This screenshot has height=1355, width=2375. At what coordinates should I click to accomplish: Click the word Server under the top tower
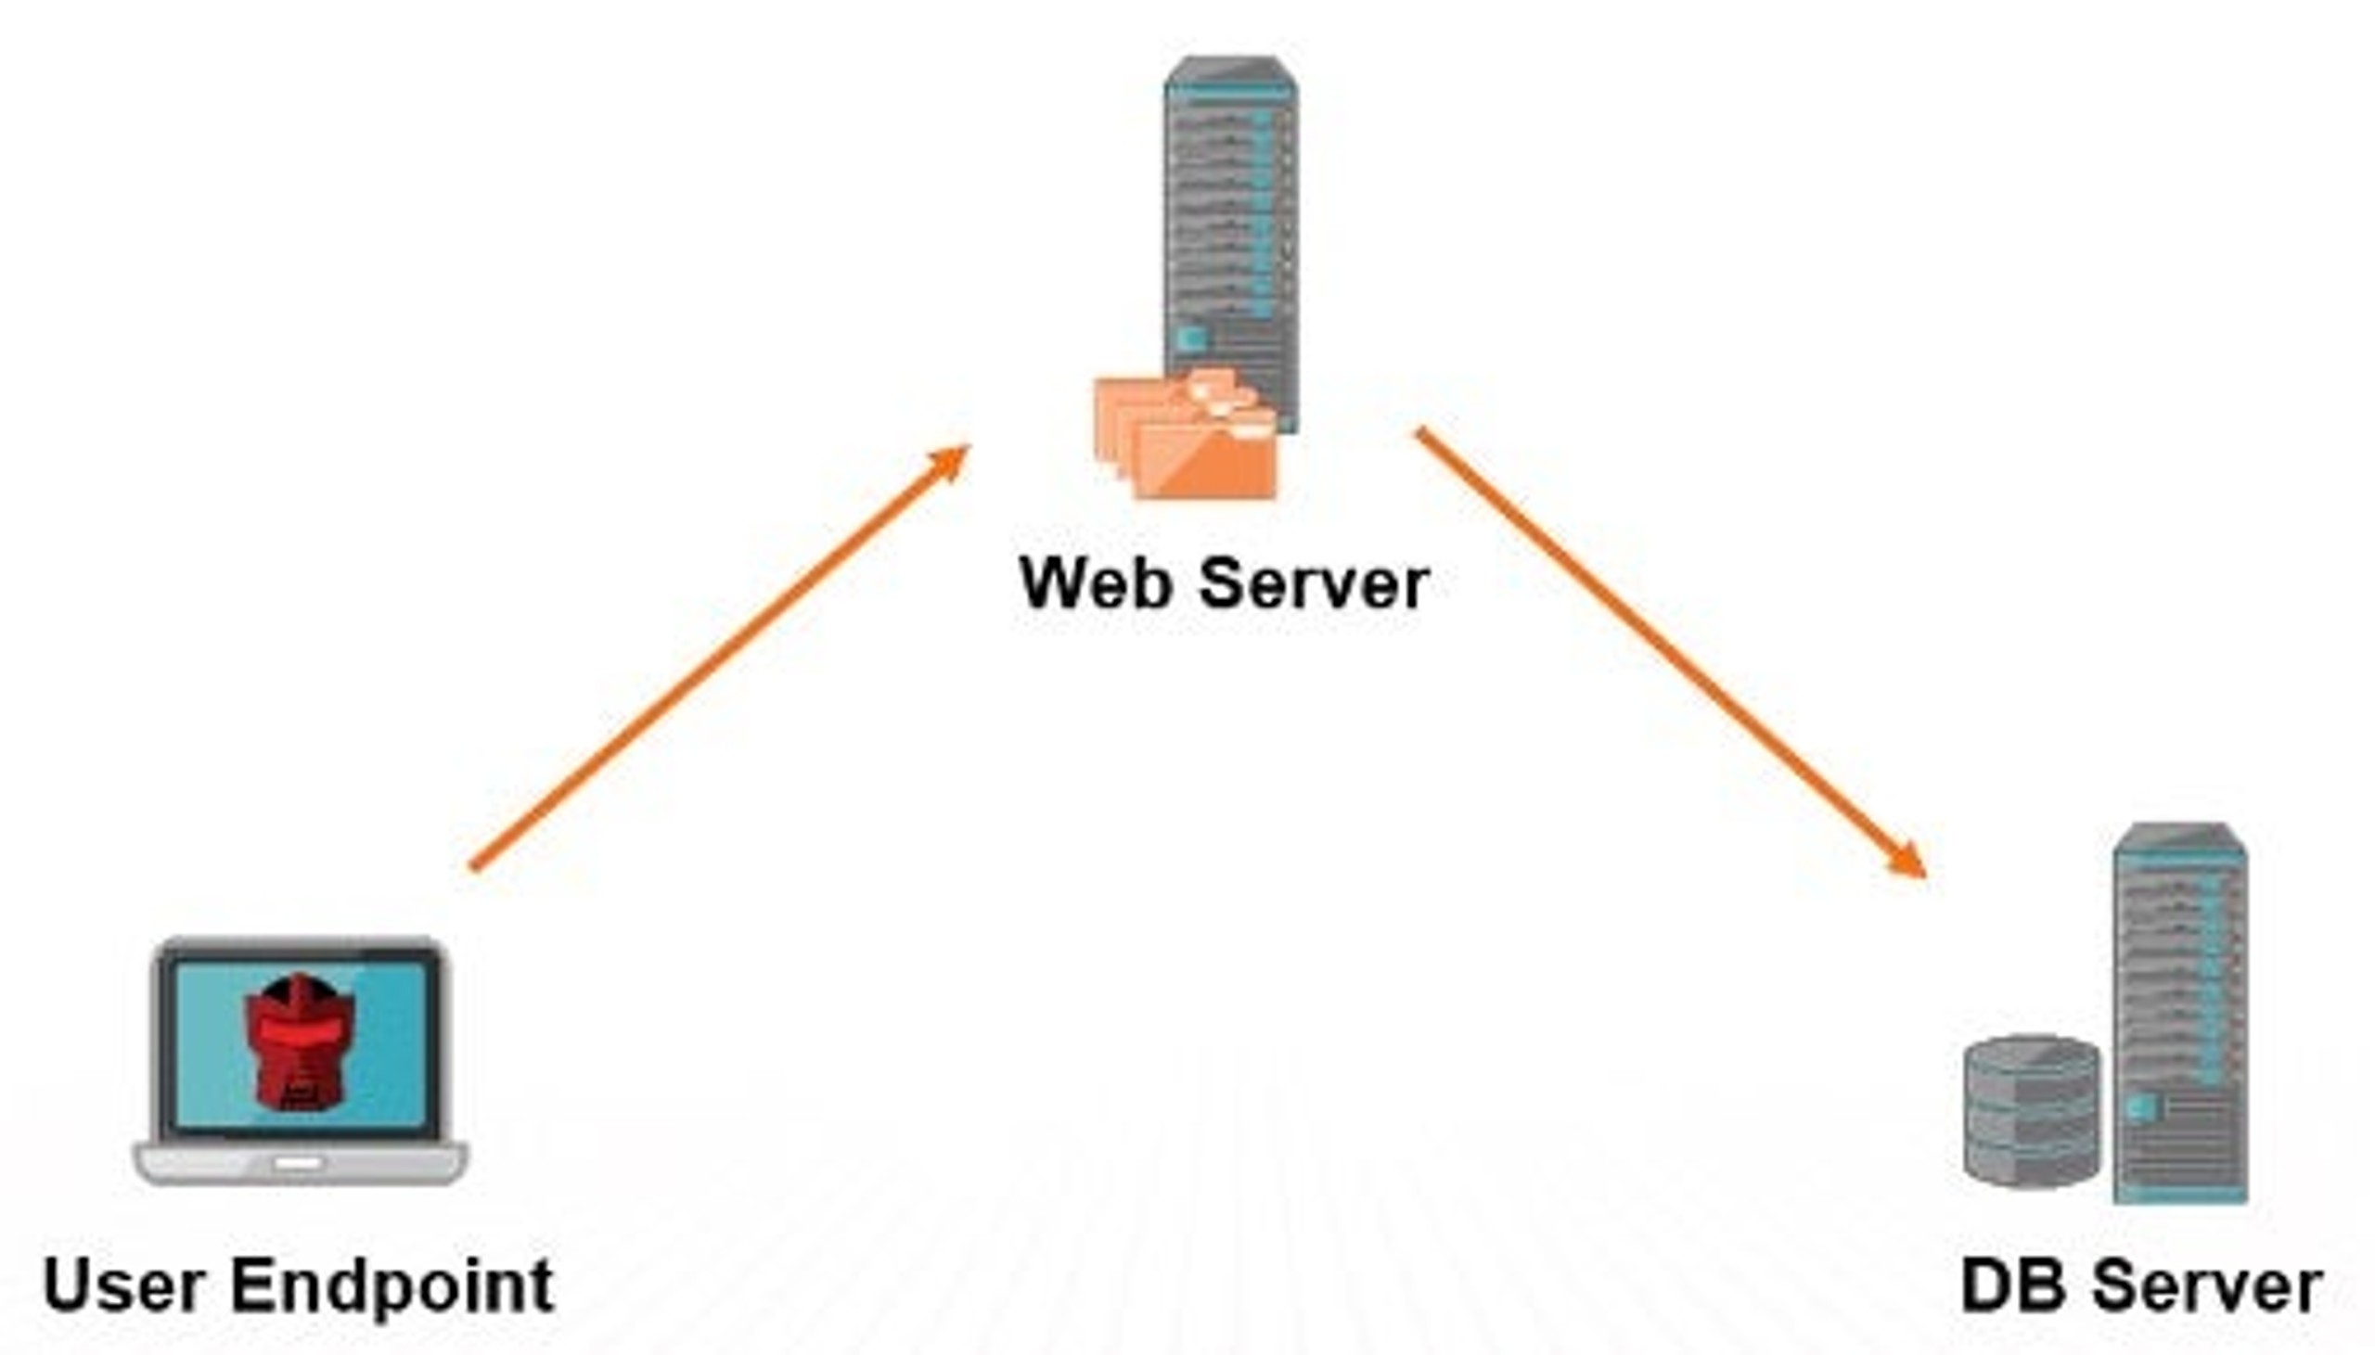(1314, 583)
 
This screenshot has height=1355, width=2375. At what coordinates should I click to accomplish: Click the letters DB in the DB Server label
(2014, 1286)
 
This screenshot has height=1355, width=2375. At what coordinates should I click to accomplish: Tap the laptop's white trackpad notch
(299, 1162)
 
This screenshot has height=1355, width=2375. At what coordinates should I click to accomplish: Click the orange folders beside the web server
(1185, 433)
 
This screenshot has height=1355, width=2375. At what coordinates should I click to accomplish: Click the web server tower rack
(1230, 244)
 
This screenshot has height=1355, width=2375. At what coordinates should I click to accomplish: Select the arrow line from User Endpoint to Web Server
(719, 658)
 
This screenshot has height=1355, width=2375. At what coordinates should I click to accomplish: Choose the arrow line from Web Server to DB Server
(1671, 652)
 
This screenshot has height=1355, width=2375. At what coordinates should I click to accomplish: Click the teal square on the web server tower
(1192, 338)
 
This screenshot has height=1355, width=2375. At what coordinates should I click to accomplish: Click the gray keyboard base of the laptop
(300, 1162)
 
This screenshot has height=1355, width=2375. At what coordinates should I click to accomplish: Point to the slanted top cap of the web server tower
(1230, 70)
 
